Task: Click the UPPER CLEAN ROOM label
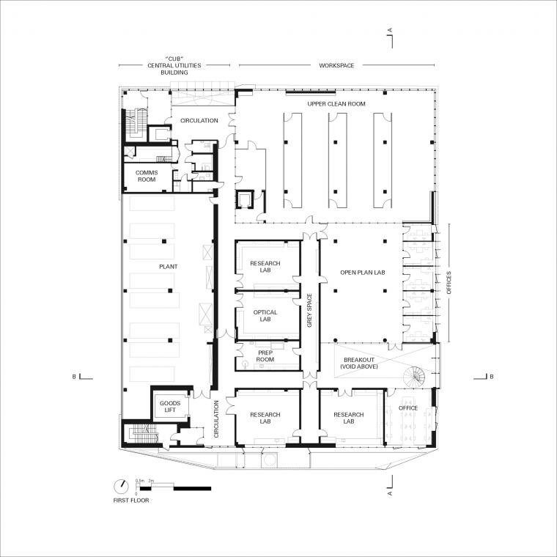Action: point(336,104)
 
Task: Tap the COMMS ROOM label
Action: point(147,176)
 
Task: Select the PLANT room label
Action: point(169,267)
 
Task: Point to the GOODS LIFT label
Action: point(170,406)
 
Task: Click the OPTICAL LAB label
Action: point(265,316)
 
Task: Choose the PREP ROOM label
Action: point(265,356)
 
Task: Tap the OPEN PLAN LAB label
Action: point(363,273)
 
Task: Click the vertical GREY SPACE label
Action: point(309,310)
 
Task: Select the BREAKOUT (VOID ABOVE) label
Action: point(359,363)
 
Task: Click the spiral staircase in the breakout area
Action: point(414,377)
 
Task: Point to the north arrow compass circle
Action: point(121,487)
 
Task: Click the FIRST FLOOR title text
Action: point(131,500)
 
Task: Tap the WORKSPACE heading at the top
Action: point(336,65)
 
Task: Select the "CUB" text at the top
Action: point(174,59)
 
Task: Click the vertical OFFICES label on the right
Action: point(449,282)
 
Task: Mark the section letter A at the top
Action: point(390,30)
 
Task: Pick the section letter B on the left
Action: point(74,377)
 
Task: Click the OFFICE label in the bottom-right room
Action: point(408,407)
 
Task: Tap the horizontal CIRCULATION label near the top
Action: point(199,120)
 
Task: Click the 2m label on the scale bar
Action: point(151,481)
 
